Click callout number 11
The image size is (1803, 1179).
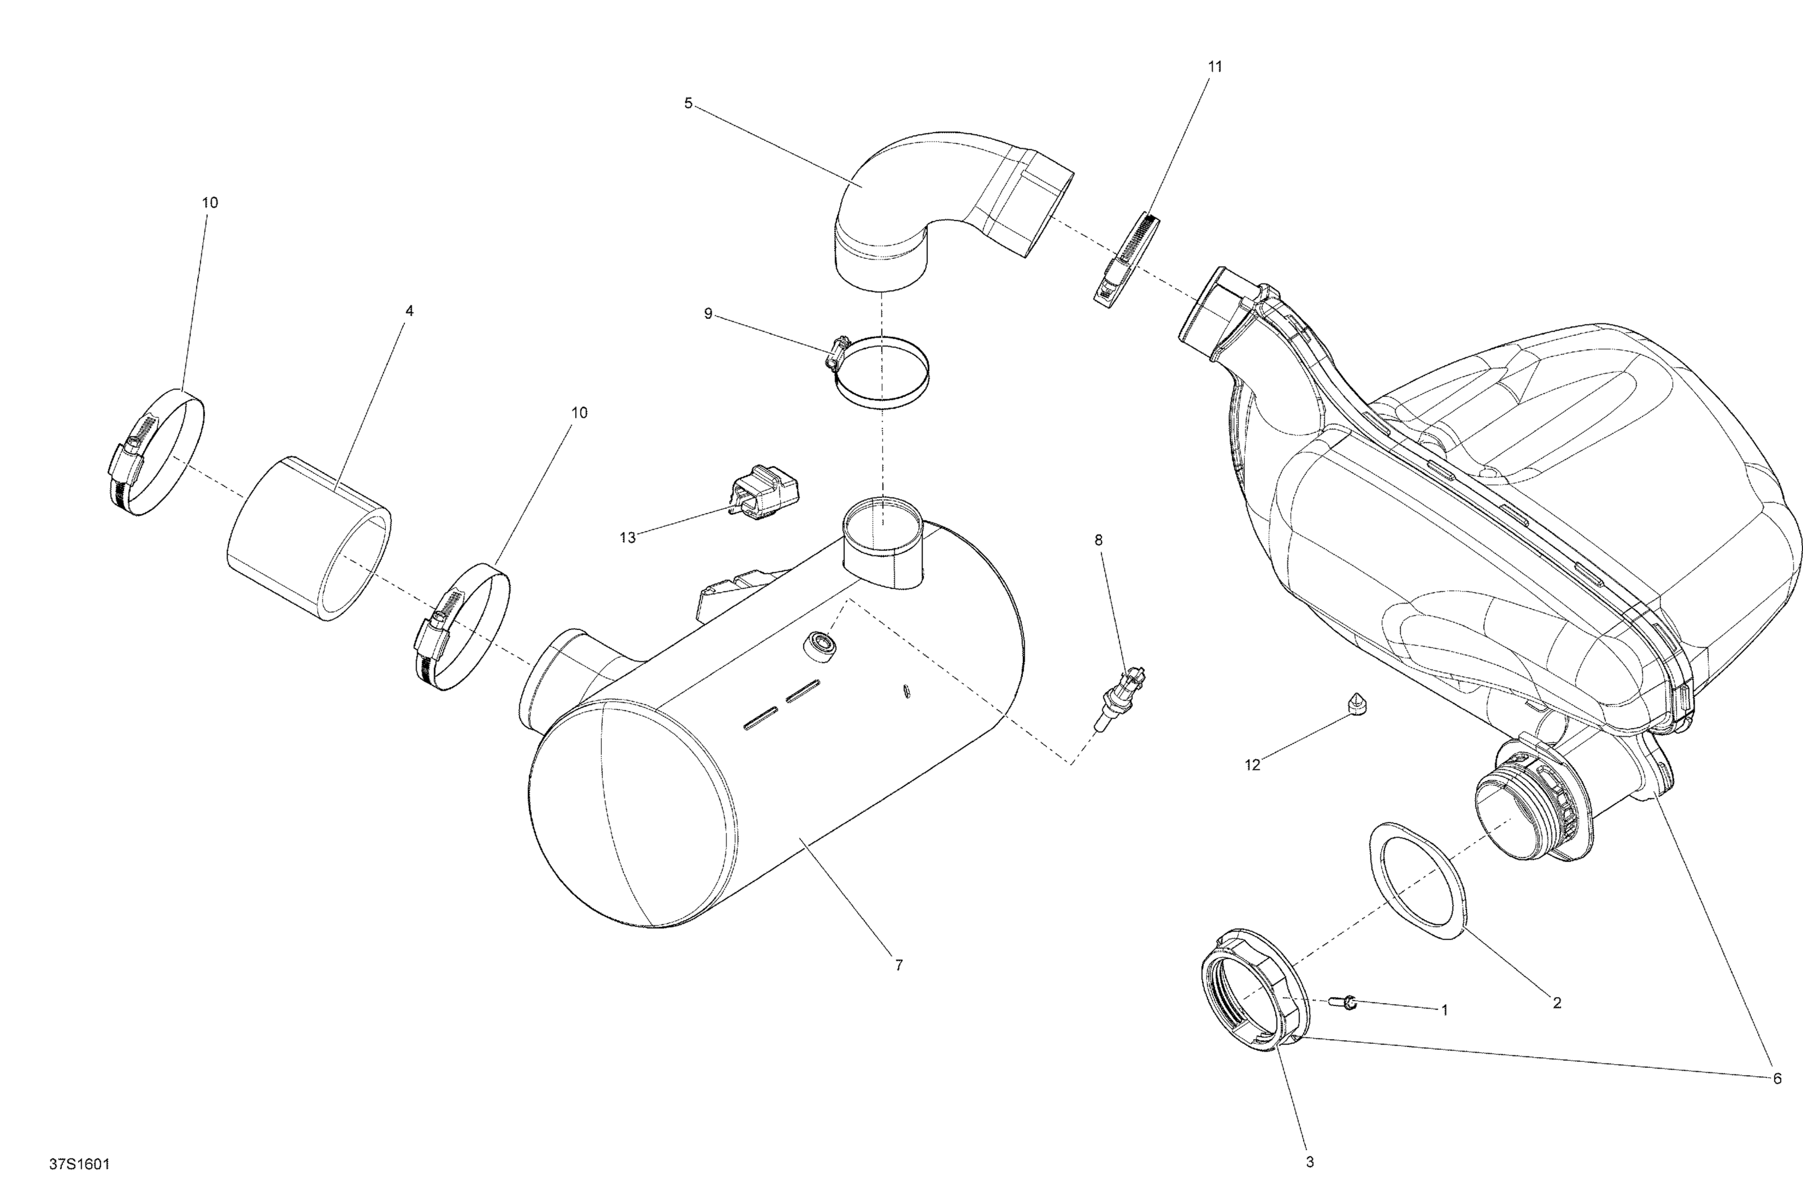click(x=1215, y=67)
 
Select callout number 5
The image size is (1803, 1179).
click(x=688, y=103)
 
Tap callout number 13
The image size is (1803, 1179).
click(x=627, y=538)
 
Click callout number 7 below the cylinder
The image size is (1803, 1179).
click(x=898, y=965)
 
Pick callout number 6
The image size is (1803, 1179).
click(x=1777, y=1078)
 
